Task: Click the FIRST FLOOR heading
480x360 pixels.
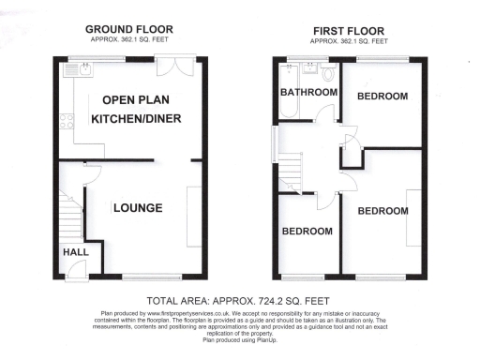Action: (x=349, y=30)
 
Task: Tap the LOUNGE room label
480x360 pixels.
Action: (x=139, y=208)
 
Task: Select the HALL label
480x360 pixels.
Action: (x=75, y=252)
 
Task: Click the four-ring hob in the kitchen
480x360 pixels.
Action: (x=66, y=121)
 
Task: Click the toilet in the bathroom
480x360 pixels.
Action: (x=327, y=72)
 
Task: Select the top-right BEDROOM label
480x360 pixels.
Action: (x=382, y=97)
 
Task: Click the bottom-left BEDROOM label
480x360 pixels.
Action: (x=307, y=231)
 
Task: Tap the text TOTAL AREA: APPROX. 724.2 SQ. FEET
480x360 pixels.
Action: (x=240, y=301)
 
